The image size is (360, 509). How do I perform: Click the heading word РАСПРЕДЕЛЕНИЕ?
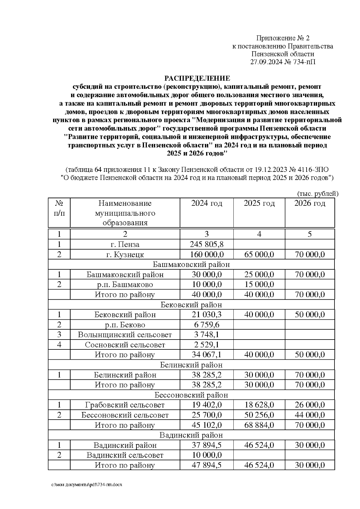click(x=197, y=78)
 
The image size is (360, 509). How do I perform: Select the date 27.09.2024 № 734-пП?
click(x=283, y=62)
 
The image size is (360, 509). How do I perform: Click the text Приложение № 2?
click(x=283, y=38)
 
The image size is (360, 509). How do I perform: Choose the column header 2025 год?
click(x=259, y=203)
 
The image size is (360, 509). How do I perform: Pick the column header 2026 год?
click(x=310, y=203)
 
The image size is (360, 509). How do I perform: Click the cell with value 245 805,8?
click(x=207, y=244)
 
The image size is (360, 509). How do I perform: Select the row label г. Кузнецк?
click(x=125, y=255)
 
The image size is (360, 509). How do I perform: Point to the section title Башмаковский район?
click(x=191, y=265)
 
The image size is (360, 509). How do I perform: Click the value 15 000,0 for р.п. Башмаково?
click(x=259, y=284)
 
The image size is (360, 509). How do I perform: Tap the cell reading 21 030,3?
click(x=207, y=315)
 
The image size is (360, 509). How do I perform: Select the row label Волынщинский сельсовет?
click(x=125, y=335)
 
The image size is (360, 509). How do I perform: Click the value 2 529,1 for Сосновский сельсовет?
click(x=207, y=345)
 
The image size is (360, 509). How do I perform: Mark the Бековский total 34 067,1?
click(x=207, y=355)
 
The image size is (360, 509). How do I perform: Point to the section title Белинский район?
click(x=191, y=365)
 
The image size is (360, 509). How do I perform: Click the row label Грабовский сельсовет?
click(x=125, y=405)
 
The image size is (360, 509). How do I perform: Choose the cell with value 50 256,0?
click(x=259, y=415)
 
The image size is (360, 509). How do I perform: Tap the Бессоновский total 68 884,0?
click(x=259, y=425)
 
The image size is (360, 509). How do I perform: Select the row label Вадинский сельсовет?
click(x=125, y=455)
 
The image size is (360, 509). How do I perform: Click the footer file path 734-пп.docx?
click(x=87, y=484)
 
